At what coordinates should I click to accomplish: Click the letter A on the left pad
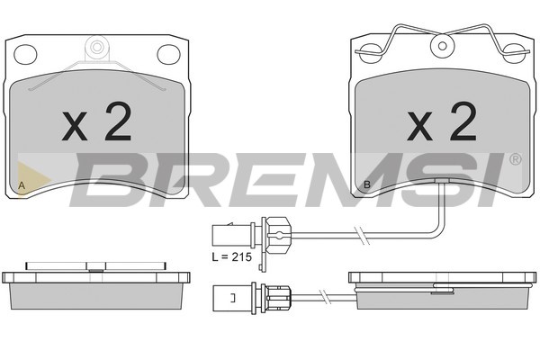(22, 185)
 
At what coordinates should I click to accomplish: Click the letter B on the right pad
(367, 184)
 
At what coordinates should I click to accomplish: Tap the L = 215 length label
(232, 257)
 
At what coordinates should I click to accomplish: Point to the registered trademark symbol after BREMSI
(515, 159)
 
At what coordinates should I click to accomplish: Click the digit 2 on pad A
(118, 121)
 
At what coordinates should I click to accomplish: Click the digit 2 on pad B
(463, 121)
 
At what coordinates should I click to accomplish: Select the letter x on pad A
(75, 126)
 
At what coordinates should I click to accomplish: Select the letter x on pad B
(419, 126)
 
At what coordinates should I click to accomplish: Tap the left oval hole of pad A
(25, 54)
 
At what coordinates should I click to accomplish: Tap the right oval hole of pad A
(169, 54)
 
